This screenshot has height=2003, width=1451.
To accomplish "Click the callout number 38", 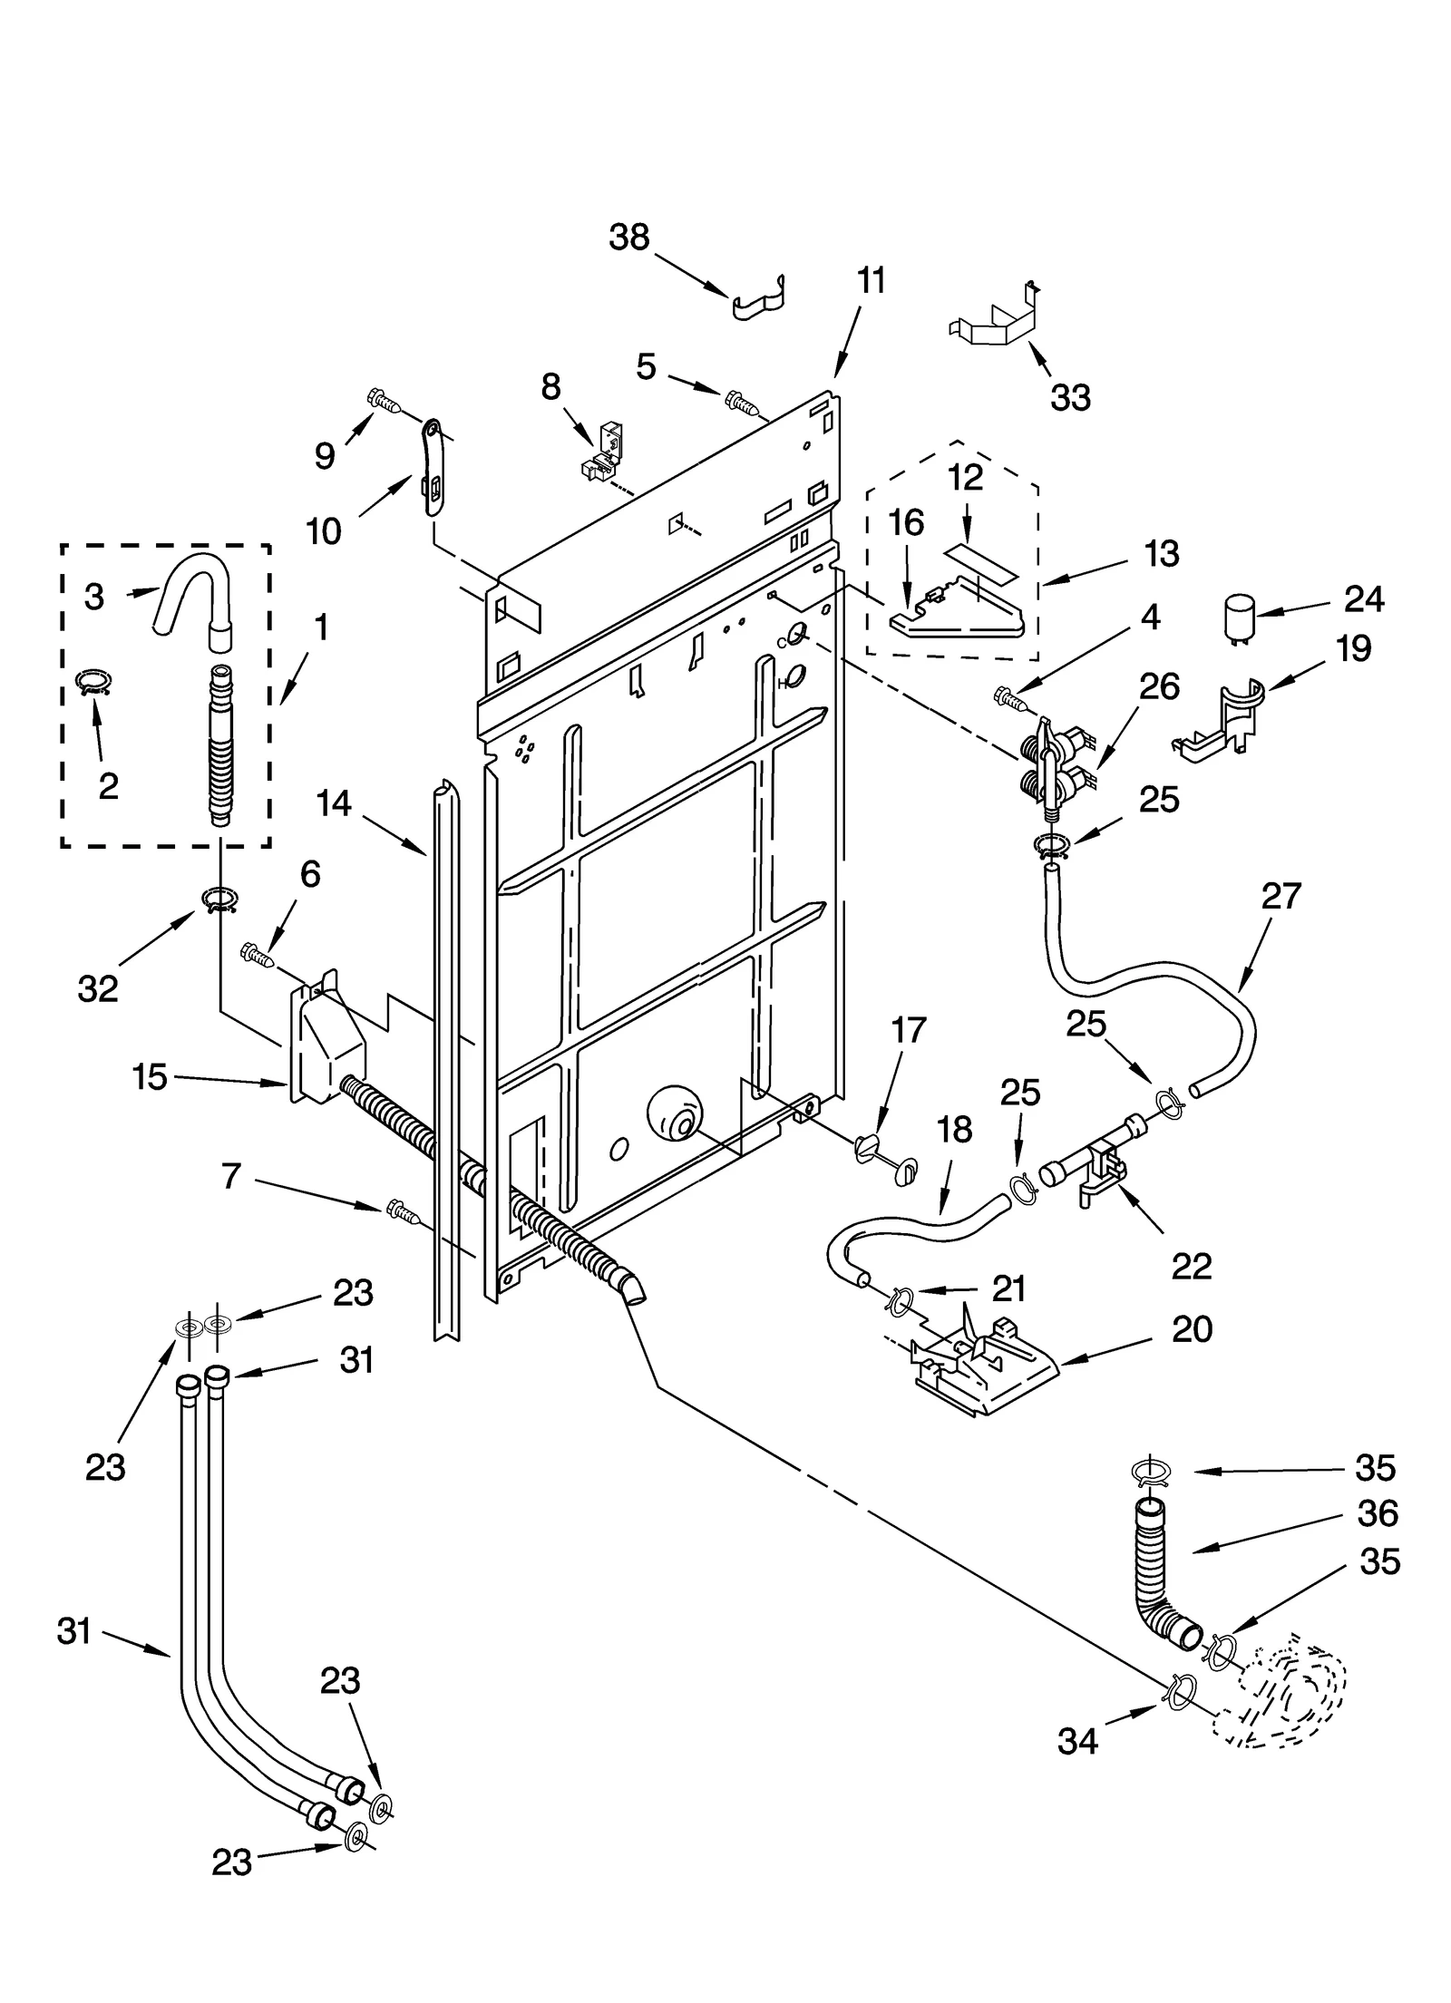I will coord(628,238).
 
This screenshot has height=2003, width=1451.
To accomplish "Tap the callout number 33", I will coord(1070,397).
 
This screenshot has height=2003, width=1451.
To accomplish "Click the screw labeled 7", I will coord(399,1210).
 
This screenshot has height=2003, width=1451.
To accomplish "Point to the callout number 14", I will coord(334,802).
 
